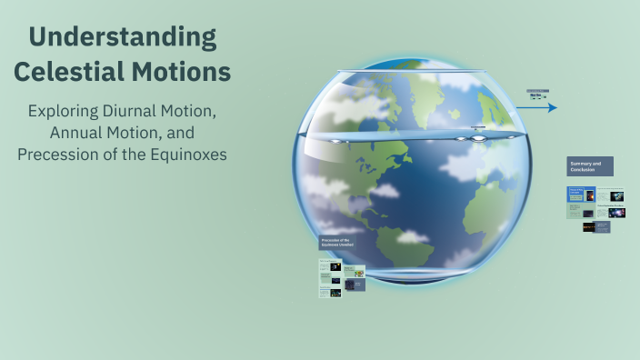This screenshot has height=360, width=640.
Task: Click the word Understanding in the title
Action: (123, 37)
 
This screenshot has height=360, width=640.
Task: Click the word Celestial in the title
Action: (72, 72)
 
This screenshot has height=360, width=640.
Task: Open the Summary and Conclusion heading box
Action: (589, 166)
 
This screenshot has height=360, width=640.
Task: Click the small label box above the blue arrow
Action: (537, 93)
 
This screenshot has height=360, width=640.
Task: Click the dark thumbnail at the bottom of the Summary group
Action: (589, 226)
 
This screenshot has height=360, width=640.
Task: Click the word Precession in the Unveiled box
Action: (330, 240)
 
